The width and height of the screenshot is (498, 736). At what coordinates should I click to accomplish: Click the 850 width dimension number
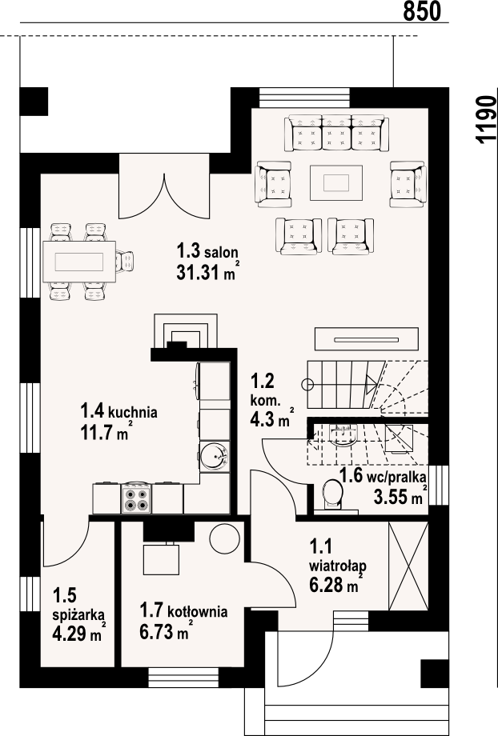pyautogui.click(x=422, y=10)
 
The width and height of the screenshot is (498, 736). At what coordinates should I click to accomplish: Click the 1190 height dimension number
pyautogui.click(x=486, y=118)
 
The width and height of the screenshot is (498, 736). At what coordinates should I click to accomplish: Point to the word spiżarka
pyautogui.click(x=79, y=614)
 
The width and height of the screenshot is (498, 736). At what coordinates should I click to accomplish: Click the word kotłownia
pyautogui.click(x=197, y=612)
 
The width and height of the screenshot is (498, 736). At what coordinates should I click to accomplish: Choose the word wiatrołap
pyautogui.click(x=337, y=565)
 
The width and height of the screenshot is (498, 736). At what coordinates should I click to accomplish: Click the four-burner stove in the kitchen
pyautogui.click(x=136, y=499)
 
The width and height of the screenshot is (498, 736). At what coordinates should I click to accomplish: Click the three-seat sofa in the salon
pyautogui.click(x=336, y=133)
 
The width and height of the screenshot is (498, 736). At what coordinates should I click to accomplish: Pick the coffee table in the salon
pyautogui.click(x=336, y=182)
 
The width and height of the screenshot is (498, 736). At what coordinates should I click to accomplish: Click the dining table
pyautogui.click(x=79, y=261)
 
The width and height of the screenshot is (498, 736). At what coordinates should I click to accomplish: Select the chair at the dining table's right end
pyautogui.click(x=125, y=262)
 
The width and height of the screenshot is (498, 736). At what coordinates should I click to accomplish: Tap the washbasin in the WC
pyautogui.click(x=343, y=437)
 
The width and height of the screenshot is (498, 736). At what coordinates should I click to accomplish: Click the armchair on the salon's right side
pyautogui.click(x=408, y=184)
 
